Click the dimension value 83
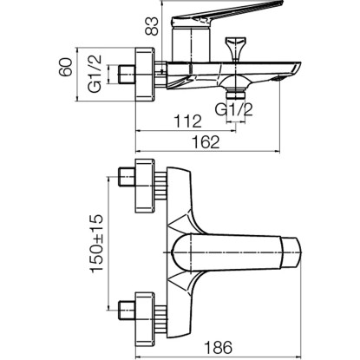[153, 26]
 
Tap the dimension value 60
[66, 67]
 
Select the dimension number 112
[187, 121]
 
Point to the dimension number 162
[206, 142]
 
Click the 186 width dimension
[219, 347]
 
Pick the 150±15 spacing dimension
[97, 243]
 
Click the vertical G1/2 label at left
[95, 74]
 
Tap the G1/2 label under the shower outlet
[234, 109]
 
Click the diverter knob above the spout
[236, 49]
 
